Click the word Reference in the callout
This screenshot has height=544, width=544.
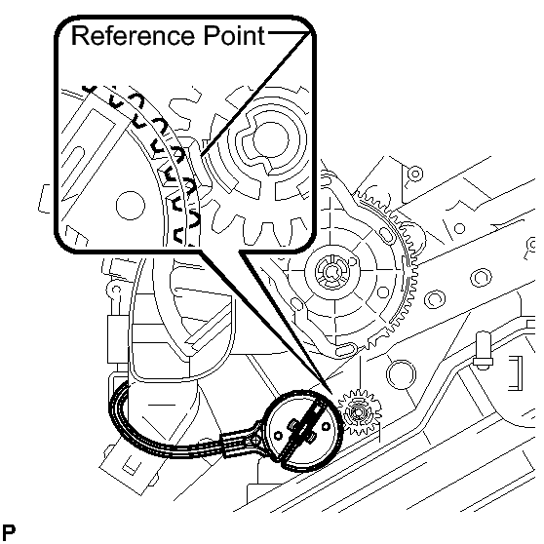133,35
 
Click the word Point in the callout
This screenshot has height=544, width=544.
234,35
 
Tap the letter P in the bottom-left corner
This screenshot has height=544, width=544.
9,532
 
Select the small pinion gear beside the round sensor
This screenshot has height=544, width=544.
360,412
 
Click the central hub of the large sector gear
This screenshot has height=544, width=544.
332,272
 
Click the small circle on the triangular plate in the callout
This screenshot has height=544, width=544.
130,206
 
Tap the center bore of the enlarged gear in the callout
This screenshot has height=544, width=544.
271,139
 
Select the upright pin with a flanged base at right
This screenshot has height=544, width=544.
484,350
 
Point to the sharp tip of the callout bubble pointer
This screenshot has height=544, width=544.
332,394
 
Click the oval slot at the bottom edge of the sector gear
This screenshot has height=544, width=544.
345,351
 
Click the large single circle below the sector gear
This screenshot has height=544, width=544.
401,374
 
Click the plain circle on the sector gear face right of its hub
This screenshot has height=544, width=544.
383,292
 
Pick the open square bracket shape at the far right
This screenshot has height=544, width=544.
516,373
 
